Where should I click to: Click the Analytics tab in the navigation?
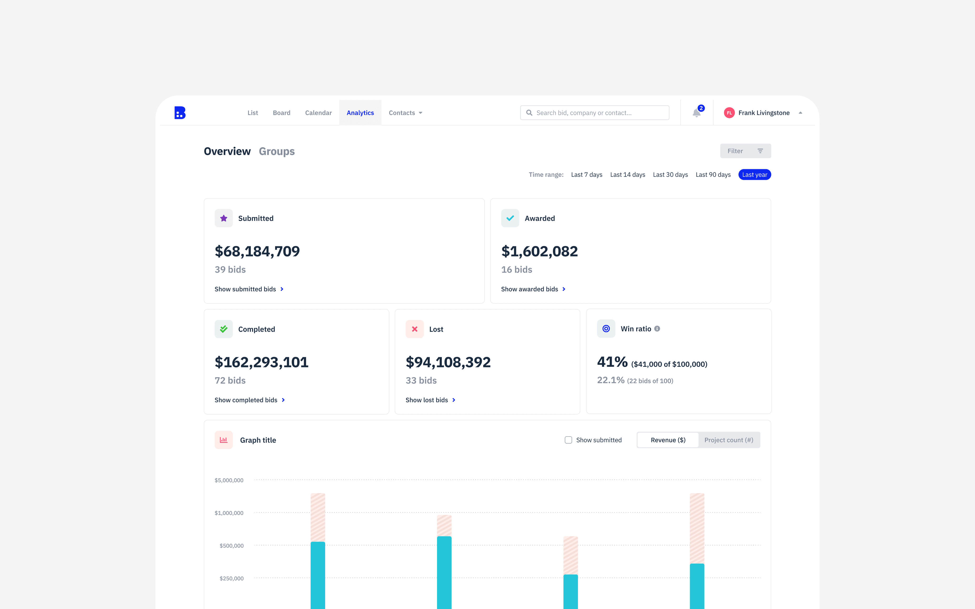click(x=360, y=113)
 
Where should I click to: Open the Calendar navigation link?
click(x=318, y=113)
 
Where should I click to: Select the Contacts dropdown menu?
click(x=405, y=113)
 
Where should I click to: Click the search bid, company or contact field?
click(x=595, y=113)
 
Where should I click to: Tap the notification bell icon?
click(x=696, y=113)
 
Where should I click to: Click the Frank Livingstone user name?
click(x=764, y=113)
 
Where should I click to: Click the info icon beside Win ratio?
click(x=657, y=329)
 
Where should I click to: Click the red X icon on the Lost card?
click(x=415, y=329)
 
